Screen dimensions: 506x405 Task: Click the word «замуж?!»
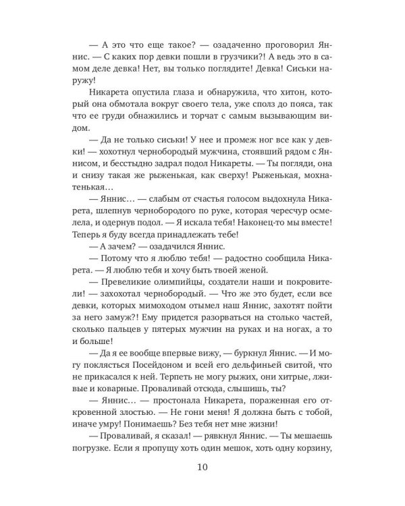tap(138, 348)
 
